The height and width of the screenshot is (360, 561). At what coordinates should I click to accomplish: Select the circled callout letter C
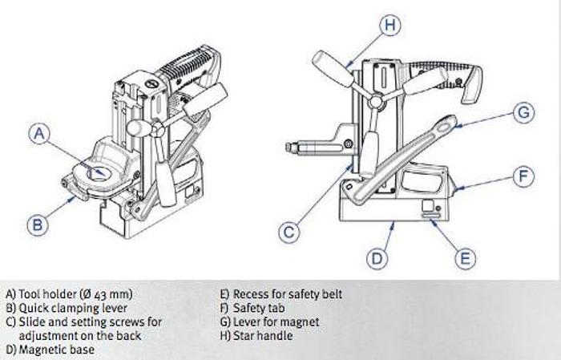click(x=289, y=233)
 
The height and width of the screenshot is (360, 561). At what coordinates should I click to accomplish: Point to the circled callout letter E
click(x=464, y=258)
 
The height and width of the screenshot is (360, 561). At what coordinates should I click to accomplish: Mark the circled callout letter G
click(x=523, y=113)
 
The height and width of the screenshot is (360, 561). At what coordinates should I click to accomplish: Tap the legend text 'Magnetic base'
click(x=55, y=350)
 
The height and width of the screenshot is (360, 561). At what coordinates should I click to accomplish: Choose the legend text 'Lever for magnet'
click(x=270, y=322)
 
